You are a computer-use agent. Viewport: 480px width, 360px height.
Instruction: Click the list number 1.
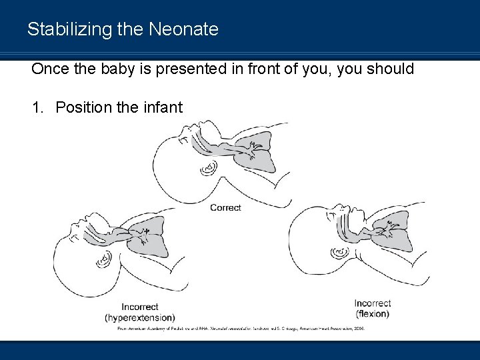tap(38, 107)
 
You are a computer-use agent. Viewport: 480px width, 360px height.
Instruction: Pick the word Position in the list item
tap(81, 107)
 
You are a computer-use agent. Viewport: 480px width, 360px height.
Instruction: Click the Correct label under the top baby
tap(225, 207)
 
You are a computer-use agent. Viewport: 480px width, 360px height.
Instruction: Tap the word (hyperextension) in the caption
tap(140, 317)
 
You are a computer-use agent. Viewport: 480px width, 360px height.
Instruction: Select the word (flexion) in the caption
tap(373, 313)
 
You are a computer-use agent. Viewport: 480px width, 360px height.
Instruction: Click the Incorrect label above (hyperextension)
tap(139, 307)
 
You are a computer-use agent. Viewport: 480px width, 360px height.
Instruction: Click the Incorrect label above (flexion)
tap(373, 303)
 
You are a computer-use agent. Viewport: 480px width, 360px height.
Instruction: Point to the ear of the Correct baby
tap(209, 167)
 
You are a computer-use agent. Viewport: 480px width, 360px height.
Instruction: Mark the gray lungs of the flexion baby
tap(393, 230)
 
